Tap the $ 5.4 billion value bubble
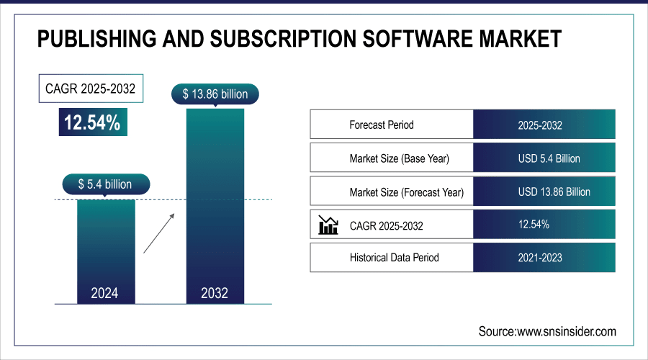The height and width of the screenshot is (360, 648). tap(106, 184)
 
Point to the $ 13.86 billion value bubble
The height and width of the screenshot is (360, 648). tap(215, 94)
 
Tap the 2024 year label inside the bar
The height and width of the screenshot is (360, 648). tap(105, 293)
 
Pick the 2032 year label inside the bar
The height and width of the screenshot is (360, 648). tap(215, 293)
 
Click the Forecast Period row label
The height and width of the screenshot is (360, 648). tap(382, 125)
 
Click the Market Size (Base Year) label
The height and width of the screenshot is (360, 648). tap(402, 158)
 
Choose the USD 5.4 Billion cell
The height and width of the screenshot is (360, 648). tap(544, 158)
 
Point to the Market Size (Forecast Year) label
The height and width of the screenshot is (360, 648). tap(406, 192)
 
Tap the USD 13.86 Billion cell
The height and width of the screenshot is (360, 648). tap(544, 192)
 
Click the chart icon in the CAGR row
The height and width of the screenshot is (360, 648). tap(328, 225)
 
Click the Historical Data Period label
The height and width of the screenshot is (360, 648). tap(394, 257)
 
